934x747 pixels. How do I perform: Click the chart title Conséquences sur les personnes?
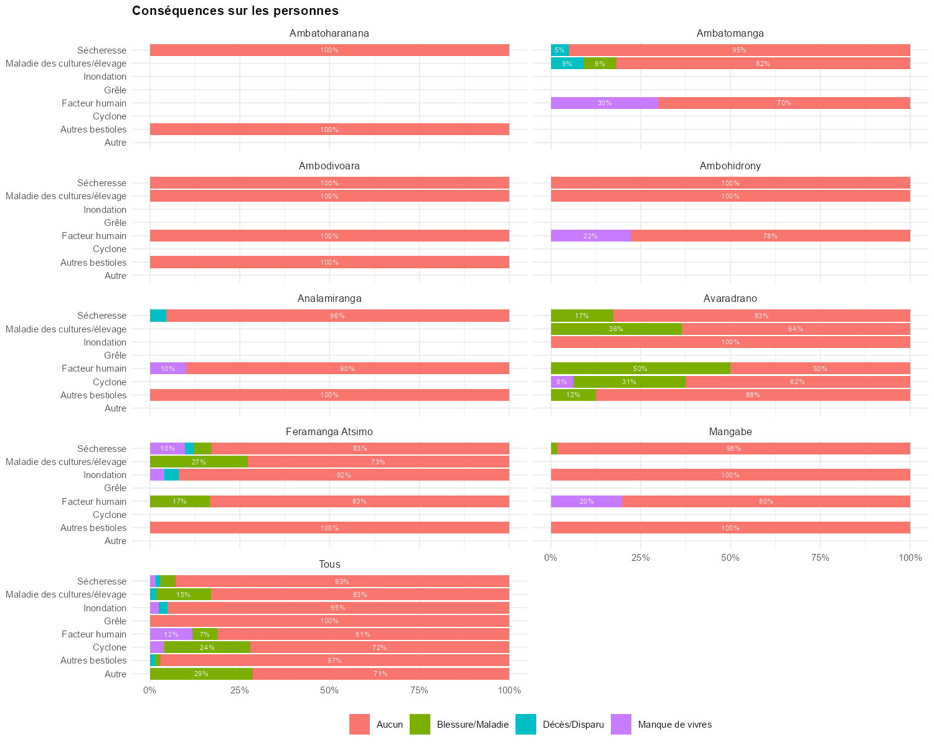click(x=235, y=11)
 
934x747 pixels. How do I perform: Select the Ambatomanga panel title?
click(x=730, y=33)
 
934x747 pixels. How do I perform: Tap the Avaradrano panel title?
click(x=730, y=299)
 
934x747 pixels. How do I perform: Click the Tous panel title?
click(x=329, y=565)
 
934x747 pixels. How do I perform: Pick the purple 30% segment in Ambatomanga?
click(x=605, y=103)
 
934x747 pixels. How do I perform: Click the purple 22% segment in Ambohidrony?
click(x=590, y=236)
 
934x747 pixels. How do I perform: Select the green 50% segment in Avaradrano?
click(x=640, y=369)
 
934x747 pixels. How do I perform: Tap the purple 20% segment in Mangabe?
click(x=587, y=502)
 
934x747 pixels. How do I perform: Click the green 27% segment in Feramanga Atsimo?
click(x=199, y=462)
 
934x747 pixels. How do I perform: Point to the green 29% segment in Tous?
click(x=201, y=674)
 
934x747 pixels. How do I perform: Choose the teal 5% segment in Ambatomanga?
click(x=560, y=50)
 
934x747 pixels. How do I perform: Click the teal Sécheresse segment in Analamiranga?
click(x=158, y=316)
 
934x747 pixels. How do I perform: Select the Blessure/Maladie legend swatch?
click(x=420, y=725)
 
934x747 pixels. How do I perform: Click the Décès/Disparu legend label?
click(x=573, y=725)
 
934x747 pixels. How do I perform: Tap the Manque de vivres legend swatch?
click(x=621, y=725)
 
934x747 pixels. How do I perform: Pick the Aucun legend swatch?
click(x=360, y=725)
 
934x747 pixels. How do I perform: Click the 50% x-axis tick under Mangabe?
click(x=730, y=558)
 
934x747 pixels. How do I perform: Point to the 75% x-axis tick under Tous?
click(x=420, y=690)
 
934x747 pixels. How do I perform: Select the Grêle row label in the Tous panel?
click(x=115, y=621)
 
